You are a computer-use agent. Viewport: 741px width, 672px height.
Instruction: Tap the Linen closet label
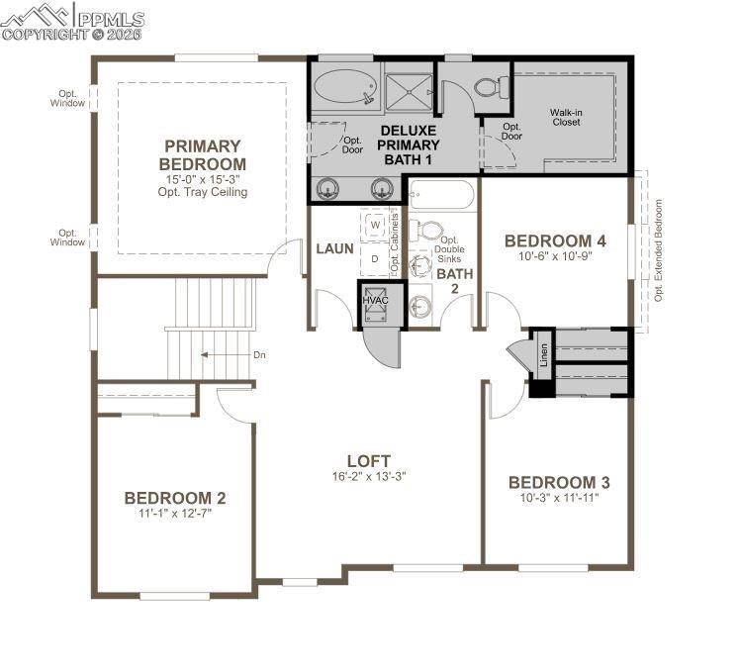(x=543, y=353)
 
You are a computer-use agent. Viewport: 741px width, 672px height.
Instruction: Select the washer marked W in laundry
(x=375, y=225)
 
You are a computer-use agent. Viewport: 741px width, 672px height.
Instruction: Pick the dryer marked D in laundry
(x=375, y=258)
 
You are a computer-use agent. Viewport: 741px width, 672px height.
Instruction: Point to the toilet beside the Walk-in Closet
(x=489, y=87)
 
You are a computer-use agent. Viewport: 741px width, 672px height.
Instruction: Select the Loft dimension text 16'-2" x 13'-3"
(x=368, y=476)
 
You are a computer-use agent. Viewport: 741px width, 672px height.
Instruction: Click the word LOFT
(x=368, y=460)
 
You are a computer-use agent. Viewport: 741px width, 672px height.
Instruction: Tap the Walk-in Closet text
(x=566, y=118)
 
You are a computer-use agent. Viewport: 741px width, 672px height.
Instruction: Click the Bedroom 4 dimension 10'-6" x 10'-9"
(x=554, y=256)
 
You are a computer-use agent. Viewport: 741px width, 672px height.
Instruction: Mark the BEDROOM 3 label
(x=558, y=482)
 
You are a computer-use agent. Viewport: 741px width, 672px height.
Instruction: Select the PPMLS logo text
(x=109, y=19)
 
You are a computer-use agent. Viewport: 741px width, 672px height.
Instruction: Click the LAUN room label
(x=334, y=248)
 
